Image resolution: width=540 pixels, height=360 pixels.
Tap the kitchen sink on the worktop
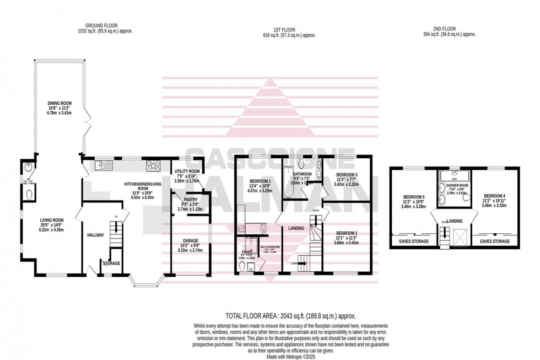click(x=104, y=164)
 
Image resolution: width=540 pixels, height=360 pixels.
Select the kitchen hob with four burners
click(x=153, y=164)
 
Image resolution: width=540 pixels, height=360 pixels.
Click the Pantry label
click(x=185, y=202)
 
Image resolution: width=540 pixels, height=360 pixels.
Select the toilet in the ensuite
click(x=244, y=266)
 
